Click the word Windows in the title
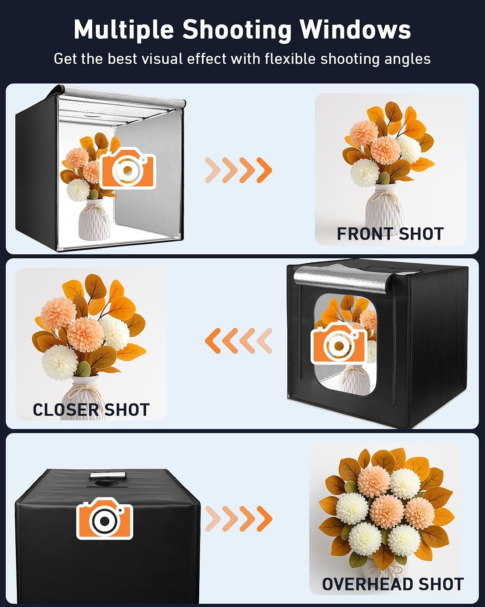(355, 30)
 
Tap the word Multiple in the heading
(124, 30)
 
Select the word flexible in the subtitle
(290, 59)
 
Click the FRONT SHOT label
(390, 234)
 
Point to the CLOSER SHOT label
(91, 410)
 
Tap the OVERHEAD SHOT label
(393, 584)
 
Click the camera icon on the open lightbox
(128, 168)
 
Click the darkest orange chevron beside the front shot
(264, 170)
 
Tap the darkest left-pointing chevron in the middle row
(213, 341)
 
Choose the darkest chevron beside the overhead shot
(264, 519)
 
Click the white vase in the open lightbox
(94, 219)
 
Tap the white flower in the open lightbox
(78, 190)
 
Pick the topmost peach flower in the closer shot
(58, 313)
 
